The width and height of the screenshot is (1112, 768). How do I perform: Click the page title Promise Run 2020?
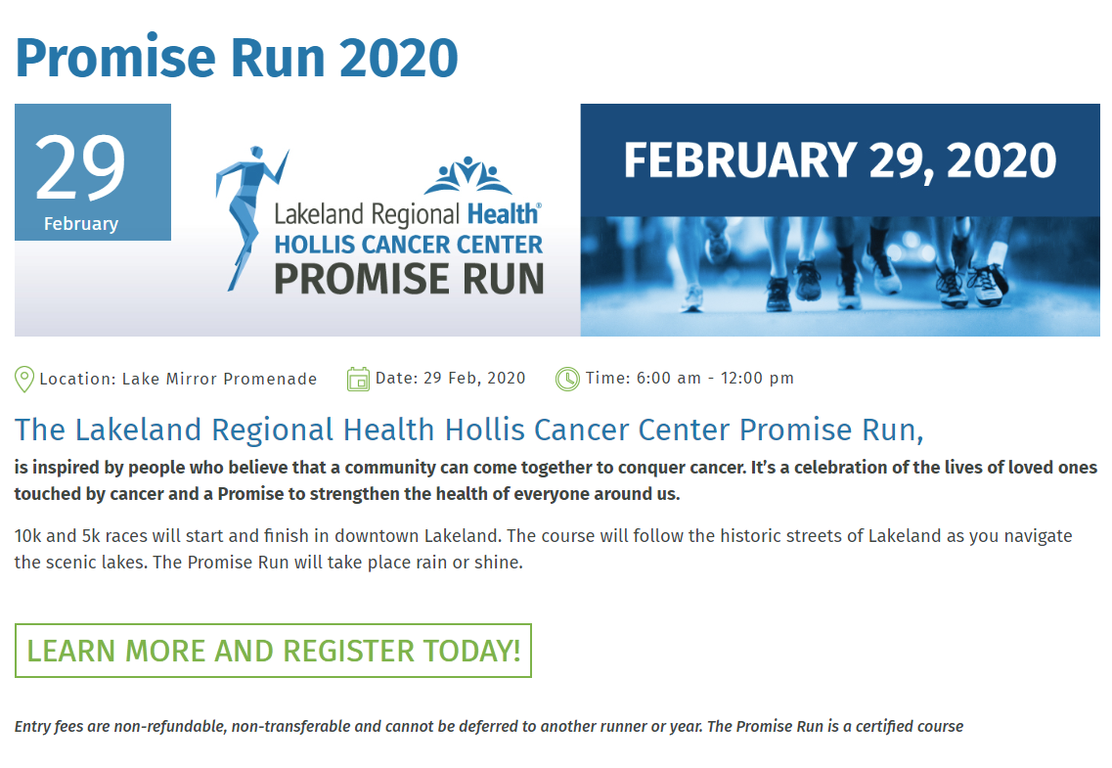click(237, 58)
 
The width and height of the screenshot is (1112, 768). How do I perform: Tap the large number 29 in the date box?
click(80, 167)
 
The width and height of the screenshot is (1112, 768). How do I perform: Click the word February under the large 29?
click(81, 224)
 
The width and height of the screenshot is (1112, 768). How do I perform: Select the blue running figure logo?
click(250, 218)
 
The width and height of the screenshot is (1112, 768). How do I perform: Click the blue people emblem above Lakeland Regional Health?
click(468, 175)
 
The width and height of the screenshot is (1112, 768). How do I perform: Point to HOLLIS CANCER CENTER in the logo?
click(409, 245)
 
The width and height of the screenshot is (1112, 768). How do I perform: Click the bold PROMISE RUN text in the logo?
click(409, 278)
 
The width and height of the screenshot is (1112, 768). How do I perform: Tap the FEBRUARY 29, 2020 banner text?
click(840, 160)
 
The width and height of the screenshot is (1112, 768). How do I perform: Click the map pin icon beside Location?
click(24, 380)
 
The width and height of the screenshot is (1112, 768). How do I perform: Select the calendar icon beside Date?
click(358, 380)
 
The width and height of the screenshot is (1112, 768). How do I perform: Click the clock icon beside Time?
click(567, 380)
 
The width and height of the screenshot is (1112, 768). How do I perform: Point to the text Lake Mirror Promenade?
click(219, 380)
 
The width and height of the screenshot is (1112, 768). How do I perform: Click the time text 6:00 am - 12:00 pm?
click(715, 379)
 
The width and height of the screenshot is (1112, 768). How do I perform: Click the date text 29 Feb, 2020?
click(474, 379)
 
